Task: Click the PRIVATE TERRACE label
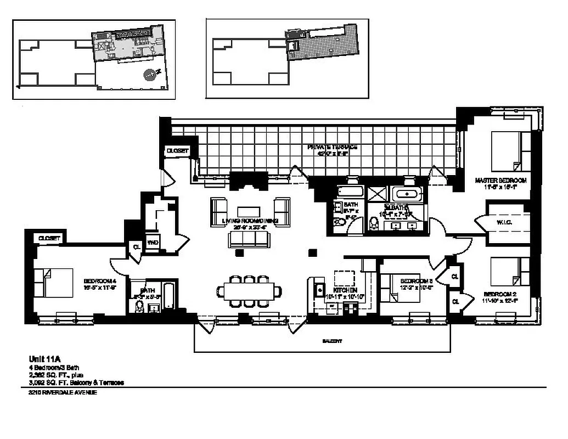(x=333, y=147)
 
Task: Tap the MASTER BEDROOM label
(x=500, y=180)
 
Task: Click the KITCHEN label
(x=346, y=290)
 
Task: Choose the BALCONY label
(x=332, y=341)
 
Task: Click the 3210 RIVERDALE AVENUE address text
(x=63, y=392)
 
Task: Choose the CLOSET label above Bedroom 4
(x=49, y=238)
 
